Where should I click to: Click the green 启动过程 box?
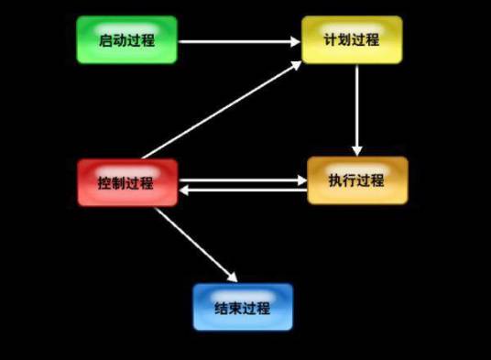pyautogui.click(x=126, y=39)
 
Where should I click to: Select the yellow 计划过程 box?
pyautogui.click(x=352, y=39)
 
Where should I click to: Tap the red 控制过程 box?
pyautogui.click(x=126, y=181)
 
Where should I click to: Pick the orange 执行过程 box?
pyautogui.click(x=356, y=180)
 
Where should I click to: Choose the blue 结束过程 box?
pyautogui.click(x=243, y=307)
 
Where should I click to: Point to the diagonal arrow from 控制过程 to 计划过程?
pyautogui.click(x=220, y=110)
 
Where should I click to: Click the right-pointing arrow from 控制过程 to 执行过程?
pyautogui.click(x=243, y=180)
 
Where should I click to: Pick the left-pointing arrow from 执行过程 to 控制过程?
pyautogui.click(x=243, y=191)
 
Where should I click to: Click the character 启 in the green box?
pyautogui.click(x=104, y=39)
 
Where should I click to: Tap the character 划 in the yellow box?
pyautogui.click(x=344, y=39)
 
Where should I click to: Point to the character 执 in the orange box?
pyautogui.click(x=335, y=180)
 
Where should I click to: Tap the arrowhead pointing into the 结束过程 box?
pyautogui.click(x=232, y=276)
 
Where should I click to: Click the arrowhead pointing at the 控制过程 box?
pyautogui.click(x=184, y=191)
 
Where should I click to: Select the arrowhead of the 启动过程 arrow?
pyautogui.click(x=295, y=40)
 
